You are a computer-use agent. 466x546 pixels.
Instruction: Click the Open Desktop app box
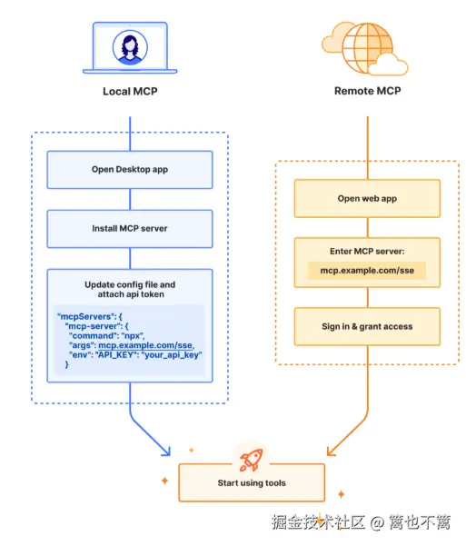click(x=130, y=170)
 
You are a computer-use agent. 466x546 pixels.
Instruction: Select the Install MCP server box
click(x=130, y=229)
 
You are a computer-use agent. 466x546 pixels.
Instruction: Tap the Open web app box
click(x=367, y=198)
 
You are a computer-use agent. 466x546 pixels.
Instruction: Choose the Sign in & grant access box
click(x=367, y=327)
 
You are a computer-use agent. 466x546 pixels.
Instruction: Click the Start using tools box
click(x=252, y=482)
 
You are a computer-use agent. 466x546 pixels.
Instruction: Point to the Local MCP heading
click(x=130, y=91)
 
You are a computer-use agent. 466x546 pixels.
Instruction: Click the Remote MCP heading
click(x=367, y=91)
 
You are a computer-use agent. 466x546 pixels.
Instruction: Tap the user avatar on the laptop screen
click(x=130, y=47)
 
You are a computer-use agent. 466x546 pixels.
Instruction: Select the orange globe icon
click(x=367, y=48)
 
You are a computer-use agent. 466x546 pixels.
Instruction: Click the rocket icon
click(x=251, y=460)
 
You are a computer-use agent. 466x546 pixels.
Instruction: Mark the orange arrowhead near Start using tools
click(x=331, y=452)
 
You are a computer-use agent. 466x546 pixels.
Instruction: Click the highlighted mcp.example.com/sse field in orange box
click(x=367, y=271)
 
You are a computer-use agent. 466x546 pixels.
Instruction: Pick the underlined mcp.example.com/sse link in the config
click(x=145, y=345)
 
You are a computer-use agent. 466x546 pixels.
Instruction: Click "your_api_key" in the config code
click(x=172, y=355)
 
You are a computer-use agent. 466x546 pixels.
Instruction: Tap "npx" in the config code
click(x=132, y=336)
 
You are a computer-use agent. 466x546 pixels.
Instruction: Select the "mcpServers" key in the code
click(x=86, y=316)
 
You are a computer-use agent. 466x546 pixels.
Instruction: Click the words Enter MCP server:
click(x=367, y=252)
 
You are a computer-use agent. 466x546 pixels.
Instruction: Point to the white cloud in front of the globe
click(x=388, y=65)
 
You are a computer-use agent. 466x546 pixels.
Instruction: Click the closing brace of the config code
click(x=67, y=364)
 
